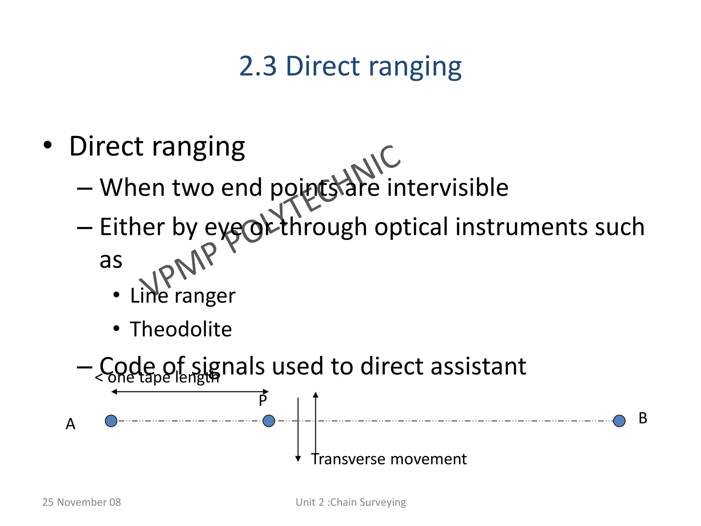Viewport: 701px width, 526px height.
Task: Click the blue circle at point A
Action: [111, 421]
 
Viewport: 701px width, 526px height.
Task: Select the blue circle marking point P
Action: [269, 421]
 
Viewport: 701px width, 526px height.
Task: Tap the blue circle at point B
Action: [619, 421]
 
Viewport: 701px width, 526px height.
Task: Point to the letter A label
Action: [71, 424]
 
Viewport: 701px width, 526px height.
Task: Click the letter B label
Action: [643, 418]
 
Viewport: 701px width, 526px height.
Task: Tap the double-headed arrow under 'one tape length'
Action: [190, 391]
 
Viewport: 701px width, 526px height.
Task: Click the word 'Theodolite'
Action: [181, 329]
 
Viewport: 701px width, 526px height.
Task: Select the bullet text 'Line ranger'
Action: [182, 296]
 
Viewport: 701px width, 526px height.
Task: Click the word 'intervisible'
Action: [447, 188]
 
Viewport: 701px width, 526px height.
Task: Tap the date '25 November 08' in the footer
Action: [81, 502]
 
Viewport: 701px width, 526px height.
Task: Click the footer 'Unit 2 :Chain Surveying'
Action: [350, 502]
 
